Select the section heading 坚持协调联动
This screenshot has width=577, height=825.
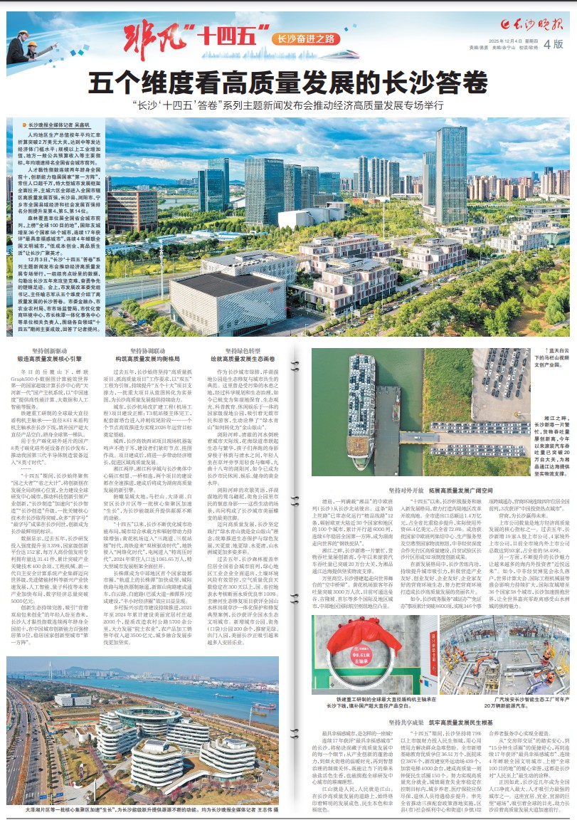click(x=153, y=351)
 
